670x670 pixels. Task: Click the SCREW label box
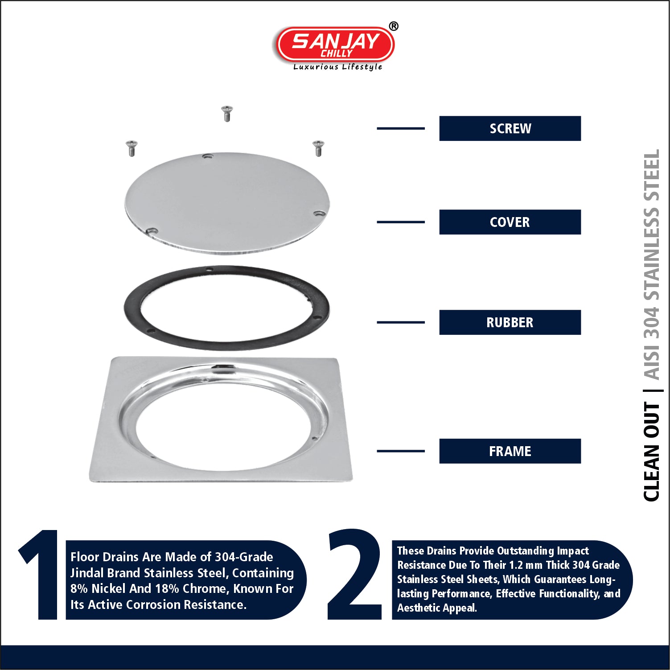click(x=510, y=128)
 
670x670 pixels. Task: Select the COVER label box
click(x=510, y=222)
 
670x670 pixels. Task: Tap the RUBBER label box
click(x=510, y=322)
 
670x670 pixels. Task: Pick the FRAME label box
click(x=510, y=451)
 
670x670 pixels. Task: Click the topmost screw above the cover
click(x=227, y=113)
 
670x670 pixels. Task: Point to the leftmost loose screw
click(x=132, y=148)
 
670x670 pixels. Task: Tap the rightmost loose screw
click(x=318, y=148)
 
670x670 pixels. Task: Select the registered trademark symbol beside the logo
click(x=394, y=26)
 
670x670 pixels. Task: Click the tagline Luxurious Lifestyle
click(x=337, y=67)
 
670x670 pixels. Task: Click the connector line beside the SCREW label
click(x=401, y=128)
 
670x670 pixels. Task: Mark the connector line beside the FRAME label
click(x=401, y=451)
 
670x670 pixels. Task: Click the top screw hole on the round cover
click(x=208, y=156)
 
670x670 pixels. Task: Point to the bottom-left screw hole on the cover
click(x=152, y=231)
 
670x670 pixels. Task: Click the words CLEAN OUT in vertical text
click(x=652, y=452)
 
